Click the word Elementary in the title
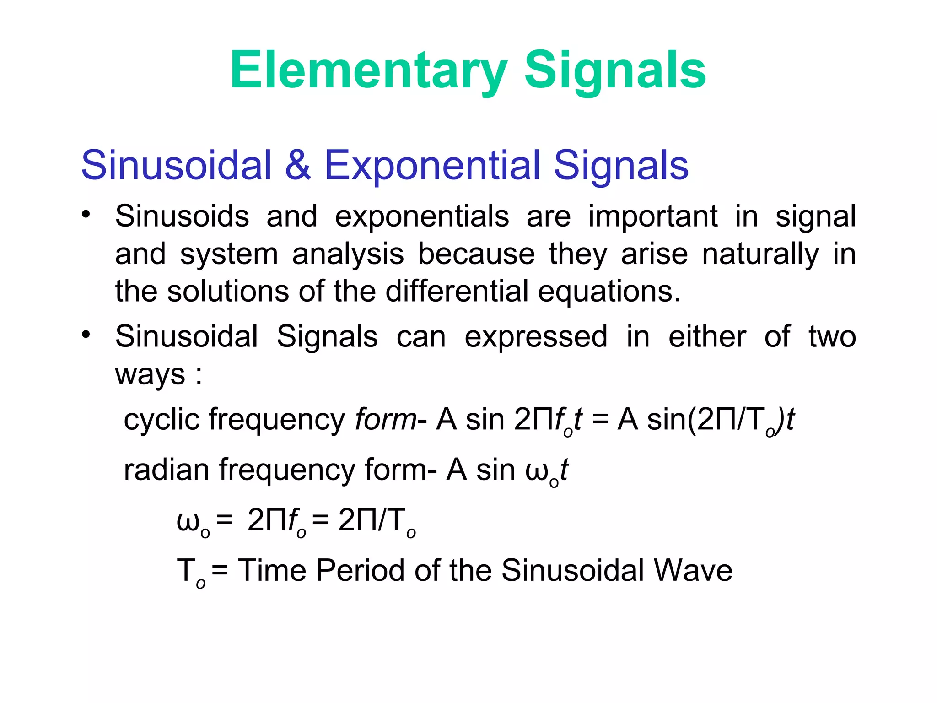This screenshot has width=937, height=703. point(369,71)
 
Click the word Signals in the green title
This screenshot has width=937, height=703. point(615,71)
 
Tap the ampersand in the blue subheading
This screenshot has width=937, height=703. point(298,165)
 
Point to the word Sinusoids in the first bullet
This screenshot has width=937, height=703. point(182,216)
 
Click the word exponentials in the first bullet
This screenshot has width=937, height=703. point(422,217)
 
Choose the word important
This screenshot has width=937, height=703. point(653,217)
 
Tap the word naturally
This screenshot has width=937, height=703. point(760,254)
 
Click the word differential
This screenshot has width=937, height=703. point(457,292)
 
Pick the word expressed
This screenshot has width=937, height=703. point(536,337)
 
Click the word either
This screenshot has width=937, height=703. point(707,337)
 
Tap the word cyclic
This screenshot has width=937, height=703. point(162,420)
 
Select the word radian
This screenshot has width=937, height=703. point(166,470)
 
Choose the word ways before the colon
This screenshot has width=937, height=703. point(150,375)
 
